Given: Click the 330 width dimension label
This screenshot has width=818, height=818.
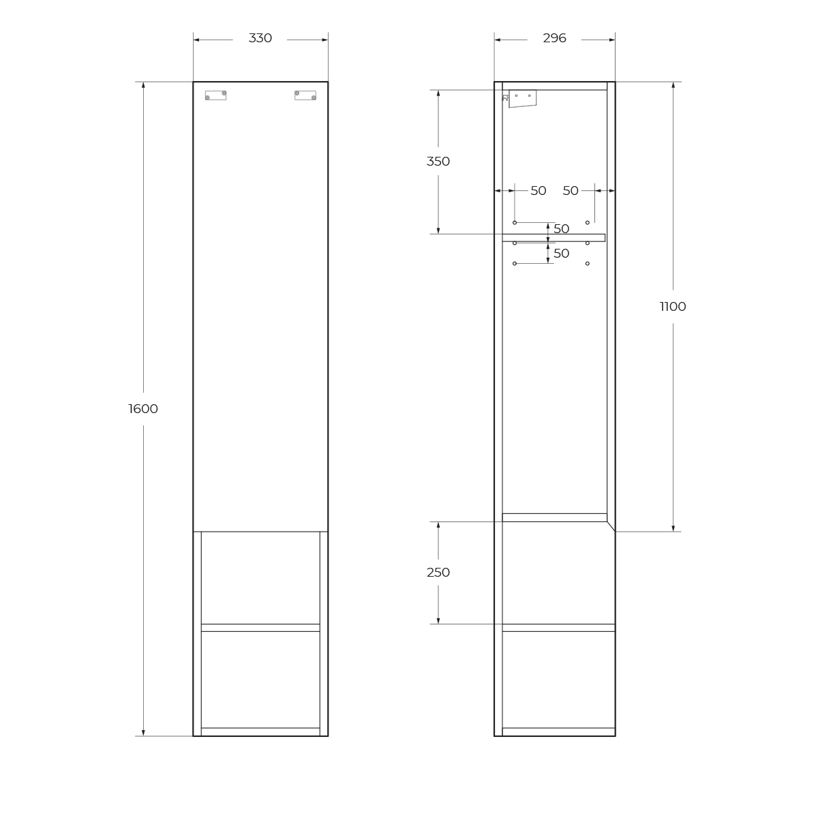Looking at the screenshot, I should click(x=260, y=38).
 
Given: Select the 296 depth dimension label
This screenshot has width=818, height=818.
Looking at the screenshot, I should click(x=554, y=38).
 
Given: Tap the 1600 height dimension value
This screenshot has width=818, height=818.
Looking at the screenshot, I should click(x=143, y=409).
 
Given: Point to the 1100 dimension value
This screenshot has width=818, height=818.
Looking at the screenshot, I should click(x=673, y=307).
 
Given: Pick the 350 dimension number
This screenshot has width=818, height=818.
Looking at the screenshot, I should click(x=438, y=162).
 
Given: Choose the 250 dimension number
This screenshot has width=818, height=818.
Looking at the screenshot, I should click(x=438, y=573).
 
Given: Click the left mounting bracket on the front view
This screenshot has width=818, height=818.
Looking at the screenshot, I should click(x=215, y=95).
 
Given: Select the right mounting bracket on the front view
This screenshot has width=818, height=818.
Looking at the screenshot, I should click(x=305, y=95).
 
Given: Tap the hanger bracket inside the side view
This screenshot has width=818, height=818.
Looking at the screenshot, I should click(x=522, y=98).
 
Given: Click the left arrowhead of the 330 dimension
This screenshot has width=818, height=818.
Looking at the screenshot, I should click(x=197, y=40).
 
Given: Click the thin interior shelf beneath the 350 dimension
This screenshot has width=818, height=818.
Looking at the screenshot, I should click(x=554, y=238).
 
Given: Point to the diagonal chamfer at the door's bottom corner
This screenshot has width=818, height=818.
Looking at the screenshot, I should click(x=611, y=526).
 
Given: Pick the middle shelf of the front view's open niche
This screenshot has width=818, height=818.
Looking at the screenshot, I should click(x=260, y=627).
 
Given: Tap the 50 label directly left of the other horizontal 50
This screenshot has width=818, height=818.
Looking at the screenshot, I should click(x=539, y=191).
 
